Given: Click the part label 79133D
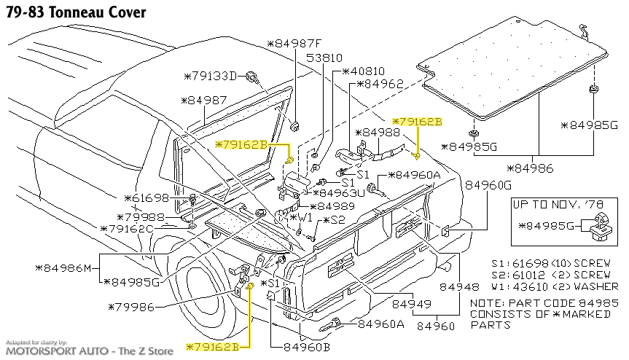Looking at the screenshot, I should pos(211,76).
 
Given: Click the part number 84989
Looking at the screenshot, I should pos(337,206).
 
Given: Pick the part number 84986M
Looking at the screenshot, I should pos(63,268).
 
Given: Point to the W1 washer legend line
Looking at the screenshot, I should pos(551,286).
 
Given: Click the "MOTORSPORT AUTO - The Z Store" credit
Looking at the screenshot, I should pos(87,351).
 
